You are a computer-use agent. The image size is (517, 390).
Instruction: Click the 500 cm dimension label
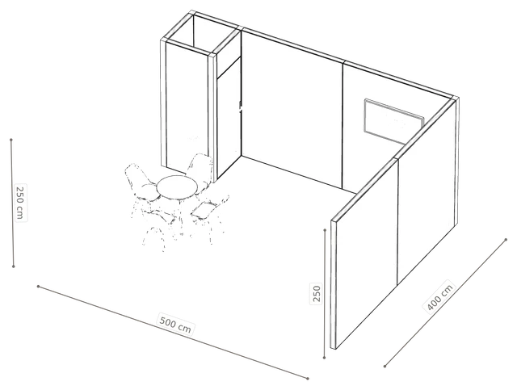(x=175, y=324)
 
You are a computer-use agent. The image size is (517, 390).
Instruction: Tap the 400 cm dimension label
(x=439, y=296)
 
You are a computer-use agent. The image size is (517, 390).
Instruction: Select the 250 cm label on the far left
(x=20, y=203)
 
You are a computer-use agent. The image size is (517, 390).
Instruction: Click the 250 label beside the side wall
(x=316, y=293)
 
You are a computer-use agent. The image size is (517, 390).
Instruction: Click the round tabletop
(x=177, y=187)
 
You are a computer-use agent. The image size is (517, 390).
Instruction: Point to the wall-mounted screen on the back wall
(x=393, y=121)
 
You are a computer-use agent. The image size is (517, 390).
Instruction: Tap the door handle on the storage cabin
(x=241, y=107)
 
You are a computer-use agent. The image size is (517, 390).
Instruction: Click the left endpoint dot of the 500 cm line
(x=38, y=286)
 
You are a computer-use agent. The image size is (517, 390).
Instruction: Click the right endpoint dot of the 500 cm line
(x=308, y=379)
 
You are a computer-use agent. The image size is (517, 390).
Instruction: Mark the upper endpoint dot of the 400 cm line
(x=506, y=239)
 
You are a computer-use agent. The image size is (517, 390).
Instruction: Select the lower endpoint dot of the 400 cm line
(x=385, y=366)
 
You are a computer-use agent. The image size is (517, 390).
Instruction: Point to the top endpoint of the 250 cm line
(x=11, y=140)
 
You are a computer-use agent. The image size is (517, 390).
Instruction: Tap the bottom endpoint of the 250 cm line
(x=14, y=266)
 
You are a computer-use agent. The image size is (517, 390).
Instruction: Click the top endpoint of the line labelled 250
(x=325, y=230)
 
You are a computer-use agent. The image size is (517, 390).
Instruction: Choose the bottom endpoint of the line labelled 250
(x=325, y=358)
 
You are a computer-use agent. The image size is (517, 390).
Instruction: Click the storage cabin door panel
(x=229, y=119)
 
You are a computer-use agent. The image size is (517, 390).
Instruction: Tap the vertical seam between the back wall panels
(x=343, y=125)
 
